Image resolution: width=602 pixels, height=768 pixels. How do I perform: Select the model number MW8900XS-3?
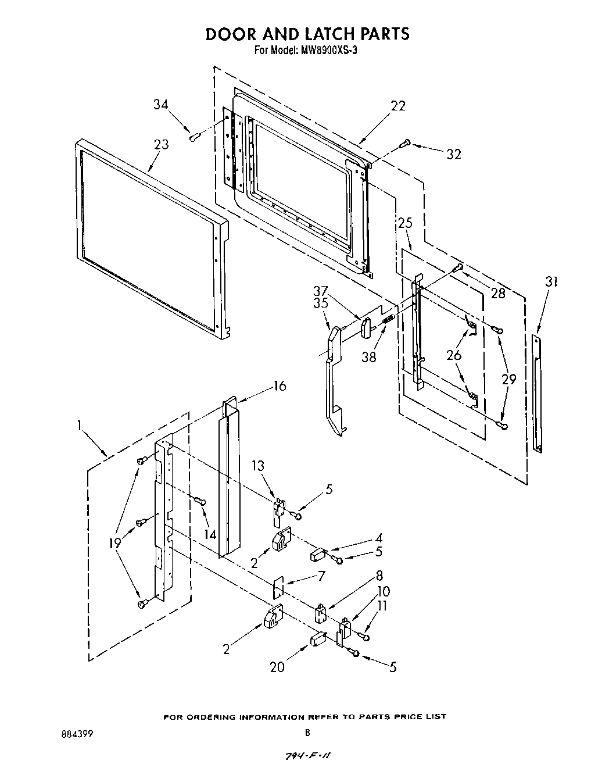(x=327, y=50)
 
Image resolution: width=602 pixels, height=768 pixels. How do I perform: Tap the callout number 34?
(x=161, y=104)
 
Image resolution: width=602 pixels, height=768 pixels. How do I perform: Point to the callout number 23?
(x=161, y=144)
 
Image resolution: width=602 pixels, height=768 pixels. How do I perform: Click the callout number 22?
(x=398, y=105)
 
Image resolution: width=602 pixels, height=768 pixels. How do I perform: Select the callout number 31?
(x=551, y=282)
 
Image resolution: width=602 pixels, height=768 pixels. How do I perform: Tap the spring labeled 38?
(x=389, y=319)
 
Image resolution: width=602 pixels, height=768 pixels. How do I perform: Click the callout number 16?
(x=279, y=386)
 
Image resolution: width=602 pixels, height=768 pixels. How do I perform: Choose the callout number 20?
(x=277, y=666)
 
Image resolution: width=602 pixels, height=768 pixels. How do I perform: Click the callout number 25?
(x=405, y=223)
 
